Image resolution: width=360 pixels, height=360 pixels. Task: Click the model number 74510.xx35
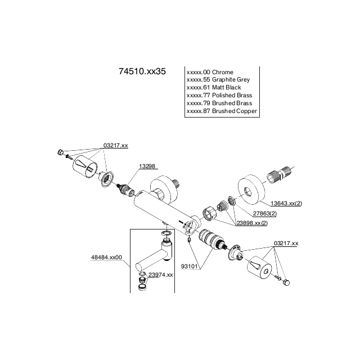(142, 73)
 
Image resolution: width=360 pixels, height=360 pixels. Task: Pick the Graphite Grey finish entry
(218, 80)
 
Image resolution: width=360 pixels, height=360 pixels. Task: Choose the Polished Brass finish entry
(219, 96)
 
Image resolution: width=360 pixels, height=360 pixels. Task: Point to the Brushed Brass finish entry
(219, 103)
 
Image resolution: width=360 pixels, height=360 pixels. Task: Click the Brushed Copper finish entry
(222, 111)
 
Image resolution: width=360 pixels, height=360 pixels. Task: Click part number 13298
(147, 166)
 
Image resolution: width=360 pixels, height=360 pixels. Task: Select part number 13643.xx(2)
(286, 203)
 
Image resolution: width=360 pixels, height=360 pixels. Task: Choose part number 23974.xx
(160, 274)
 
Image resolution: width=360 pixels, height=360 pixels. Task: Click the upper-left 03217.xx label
(116, 146)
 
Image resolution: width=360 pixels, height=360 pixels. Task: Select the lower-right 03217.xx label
(286, 244)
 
